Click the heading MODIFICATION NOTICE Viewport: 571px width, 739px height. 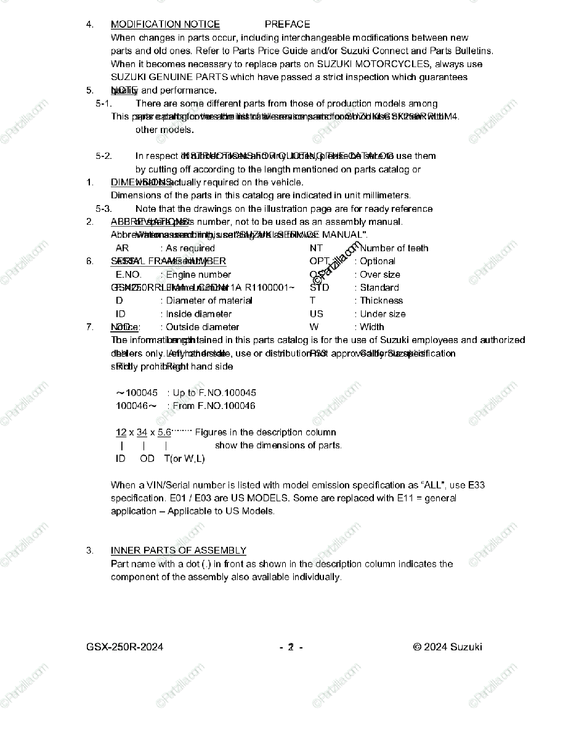165,25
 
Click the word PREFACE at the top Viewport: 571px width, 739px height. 288,25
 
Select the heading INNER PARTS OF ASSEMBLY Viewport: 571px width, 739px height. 179,551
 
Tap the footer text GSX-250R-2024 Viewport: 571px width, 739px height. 125,647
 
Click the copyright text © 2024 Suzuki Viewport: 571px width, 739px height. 448,647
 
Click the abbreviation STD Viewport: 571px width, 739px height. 319,288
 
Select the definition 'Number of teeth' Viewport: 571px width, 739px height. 394,248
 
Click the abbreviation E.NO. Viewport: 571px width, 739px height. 128,275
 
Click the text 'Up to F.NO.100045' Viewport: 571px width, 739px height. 214,393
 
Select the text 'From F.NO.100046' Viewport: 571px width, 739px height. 214,406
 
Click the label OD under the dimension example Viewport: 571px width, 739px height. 147,459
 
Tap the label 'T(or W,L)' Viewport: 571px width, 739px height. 184,459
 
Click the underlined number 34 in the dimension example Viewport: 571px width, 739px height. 142,432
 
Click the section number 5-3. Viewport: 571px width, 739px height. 103,209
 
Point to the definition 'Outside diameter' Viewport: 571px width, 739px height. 202,327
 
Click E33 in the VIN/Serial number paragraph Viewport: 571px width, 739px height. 476,485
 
